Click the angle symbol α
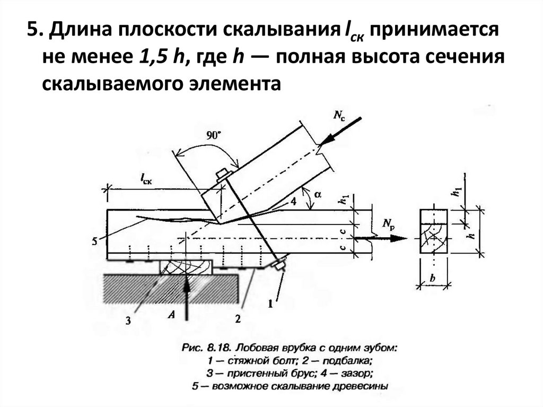(318, 195)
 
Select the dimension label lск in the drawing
(147, 180)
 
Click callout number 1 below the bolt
(270, 304)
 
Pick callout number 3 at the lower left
(128, 320)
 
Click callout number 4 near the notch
(293, 201)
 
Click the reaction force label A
(171, 315)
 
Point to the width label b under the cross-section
(434, 278)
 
